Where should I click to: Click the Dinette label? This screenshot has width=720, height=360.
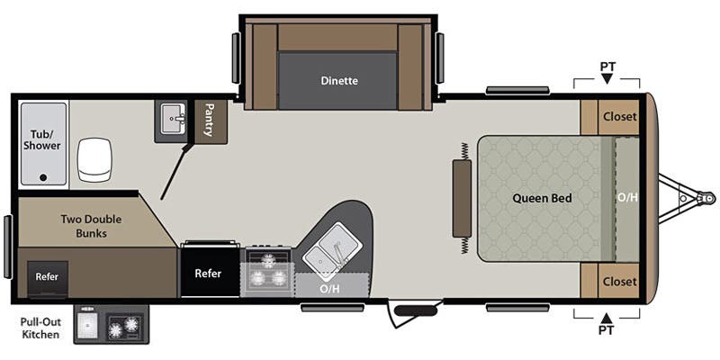coord(339,81)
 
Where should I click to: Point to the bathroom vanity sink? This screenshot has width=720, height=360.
coord(171,118)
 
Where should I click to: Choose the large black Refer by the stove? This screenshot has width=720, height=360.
coord(210,274)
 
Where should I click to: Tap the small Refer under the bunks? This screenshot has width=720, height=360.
coord(47,277)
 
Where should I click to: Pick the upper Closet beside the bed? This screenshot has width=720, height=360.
coord(619,117)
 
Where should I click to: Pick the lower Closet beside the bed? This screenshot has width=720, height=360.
coord(619,282)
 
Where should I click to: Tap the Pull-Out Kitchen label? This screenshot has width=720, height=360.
coord(40,328)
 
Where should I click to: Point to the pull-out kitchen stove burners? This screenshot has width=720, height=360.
coord(124,327)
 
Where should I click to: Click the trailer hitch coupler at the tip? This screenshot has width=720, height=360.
coord(708,198)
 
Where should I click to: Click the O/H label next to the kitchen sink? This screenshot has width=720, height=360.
coord(330,289)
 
